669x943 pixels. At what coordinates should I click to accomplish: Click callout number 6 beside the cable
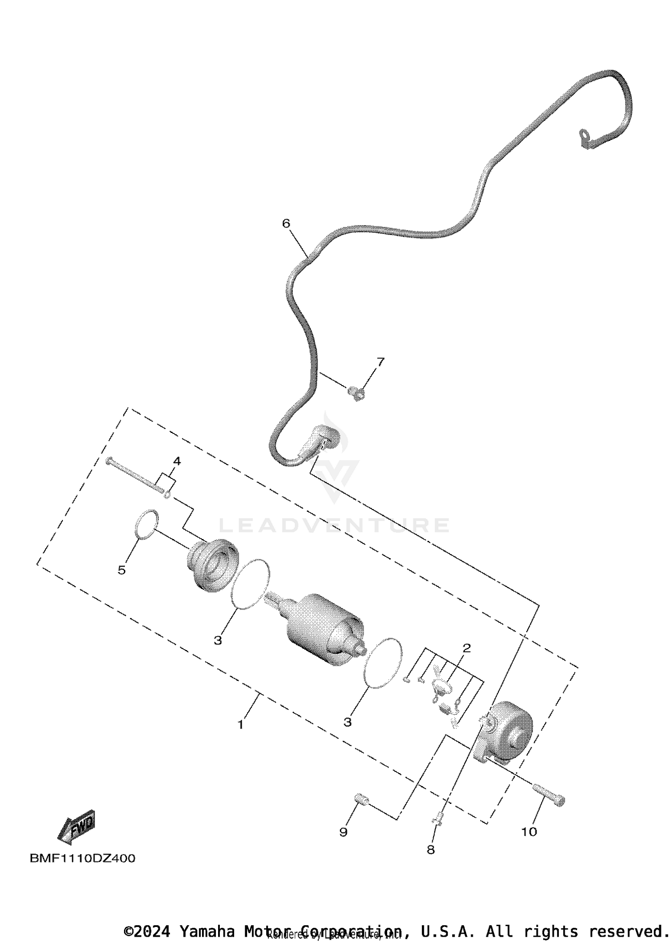286,223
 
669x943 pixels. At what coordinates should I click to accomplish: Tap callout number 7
380,362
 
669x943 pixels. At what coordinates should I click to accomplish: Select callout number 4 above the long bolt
177,461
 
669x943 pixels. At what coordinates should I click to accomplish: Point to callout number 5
122,570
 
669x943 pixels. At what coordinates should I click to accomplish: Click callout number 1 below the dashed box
241,725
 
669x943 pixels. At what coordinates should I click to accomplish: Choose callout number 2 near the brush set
467,648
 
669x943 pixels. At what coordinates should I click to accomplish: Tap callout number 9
343,832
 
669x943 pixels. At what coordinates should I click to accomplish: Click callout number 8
430,850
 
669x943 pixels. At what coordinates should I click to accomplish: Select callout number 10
529,832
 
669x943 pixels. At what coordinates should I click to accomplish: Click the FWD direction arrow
77,827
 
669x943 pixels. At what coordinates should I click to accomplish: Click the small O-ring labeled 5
146,524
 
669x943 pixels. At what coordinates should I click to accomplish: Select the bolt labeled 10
549,796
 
